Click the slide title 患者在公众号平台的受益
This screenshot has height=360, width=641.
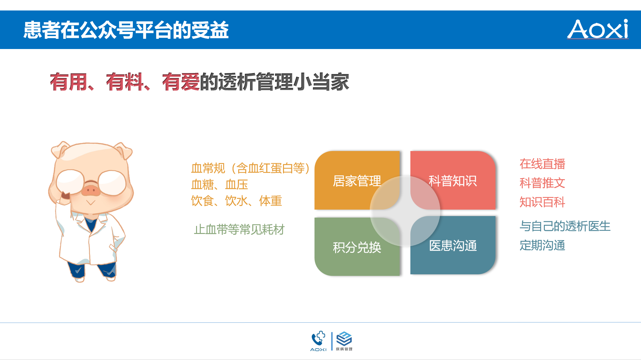coord(126,30)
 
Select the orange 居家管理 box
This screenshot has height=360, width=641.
coord(357,180)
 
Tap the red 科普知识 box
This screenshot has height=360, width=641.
coord(453,180)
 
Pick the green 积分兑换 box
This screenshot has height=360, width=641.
coord(357,247)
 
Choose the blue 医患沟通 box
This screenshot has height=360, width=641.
coord(453,245)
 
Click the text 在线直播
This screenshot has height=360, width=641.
coord(542,164)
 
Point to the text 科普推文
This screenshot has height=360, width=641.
coord(542,183)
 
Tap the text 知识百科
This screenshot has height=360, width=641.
coord(542,202)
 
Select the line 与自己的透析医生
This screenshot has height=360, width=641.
coord(565,226)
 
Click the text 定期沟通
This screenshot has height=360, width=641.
coord(542,245)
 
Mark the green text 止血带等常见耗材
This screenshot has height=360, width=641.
coord(239,230)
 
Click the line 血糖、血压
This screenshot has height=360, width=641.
coord(220,185)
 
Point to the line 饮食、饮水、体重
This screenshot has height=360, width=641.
coord(236,201)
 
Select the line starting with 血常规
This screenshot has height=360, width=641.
coord(250,168)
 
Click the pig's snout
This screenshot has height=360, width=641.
coord(91,190)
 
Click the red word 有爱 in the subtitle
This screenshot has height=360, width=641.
coord(181,82)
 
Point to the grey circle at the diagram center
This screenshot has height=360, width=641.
coord(405,211)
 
